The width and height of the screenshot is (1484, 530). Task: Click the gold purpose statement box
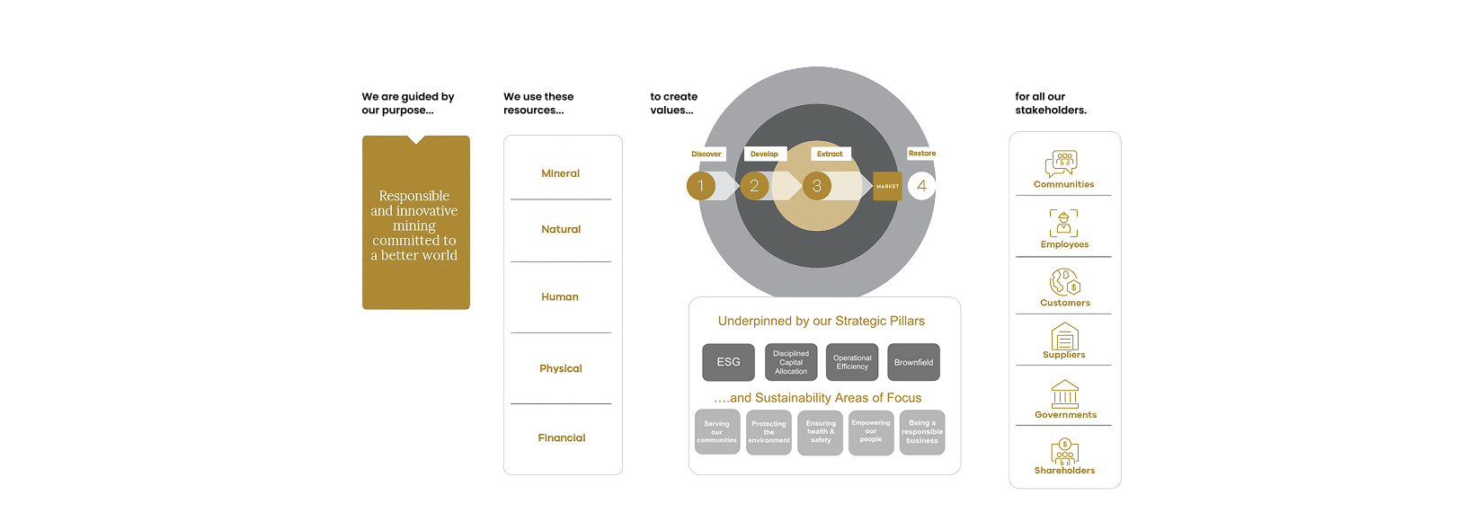click(x=415, y=223)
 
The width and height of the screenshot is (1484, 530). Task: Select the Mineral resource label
click(x=560, y=173)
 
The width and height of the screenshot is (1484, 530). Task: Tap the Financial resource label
click(x=561, y=437)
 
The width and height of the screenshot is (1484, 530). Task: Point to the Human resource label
click(x=559, y=296)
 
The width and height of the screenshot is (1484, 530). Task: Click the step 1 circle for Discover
click(x=701, y=186)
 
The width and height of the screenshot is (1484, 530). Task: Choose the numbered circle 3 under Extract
click(x=816, y=186)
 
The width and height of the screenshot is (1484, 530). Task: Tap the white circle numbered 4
click(x=921, y=186)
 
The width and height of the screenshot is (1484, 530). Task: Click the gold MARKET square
click(x=887, y=186)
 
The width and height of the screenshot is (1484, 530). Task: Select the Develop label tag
click(x=765, y=154)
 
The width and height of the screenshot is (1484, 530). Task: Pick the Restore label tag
click(x=921, y=154)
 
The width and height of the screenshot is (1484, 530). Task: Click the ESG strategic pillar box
click(x=728, y=362)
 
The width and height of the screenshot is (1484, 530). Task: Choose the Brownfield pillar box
click(x=913, y=362)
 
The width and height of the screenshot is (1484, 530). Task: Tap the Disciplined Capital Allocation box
click(x=791, y=362)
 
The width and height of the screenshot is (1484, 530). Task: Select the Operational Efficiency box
click(x=852, y=362)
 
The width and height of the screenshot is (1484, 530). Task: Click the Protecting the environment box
click(x=769, y=432)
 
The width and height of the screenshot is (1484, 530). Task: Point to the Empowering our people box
click(x=871, y=432)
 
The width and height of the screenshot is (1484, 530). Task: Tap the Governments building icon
click(x=1065, y=393)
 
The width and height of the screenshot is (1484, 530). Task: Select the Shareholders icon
click(x=1064, y=451)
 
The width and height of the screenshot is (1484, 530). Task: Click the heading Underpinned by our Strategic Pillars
click(x=821, y=321)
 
